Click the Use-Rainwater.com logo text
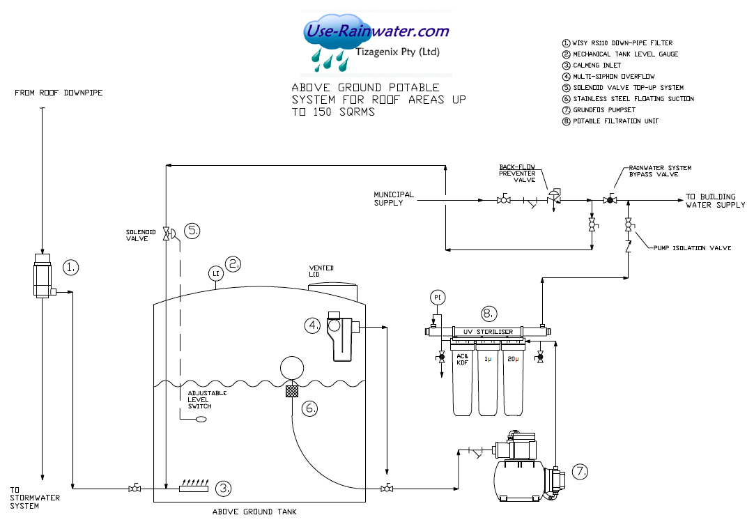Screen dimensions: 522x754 (x=377, y=31)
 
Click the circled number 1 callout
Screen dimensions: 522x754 (x=71, y=266)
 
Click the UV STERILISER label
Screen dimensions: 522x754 (x=488, y=332)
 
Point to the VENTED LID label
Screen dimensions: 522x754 (x=321, y=271)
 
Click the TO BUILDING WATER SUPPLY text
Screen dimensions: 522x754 (x=715, y=201)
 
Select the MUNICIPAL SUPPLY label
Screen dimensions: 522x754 (x=394, y=199)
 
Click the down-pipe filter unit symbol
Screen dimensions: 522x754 (x=43, y=276)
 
